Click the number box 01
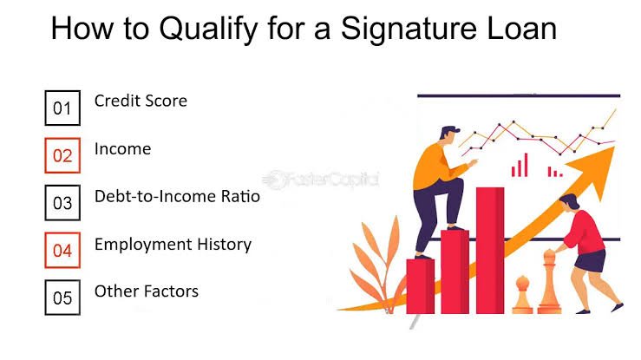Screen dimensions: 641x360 tap(62, 108)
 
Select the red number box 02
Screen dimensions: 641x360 tap(62, 155)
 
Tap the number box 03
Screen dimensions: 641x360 tap(62, 203)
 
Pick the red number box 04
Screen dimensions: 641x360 tap(62, 250)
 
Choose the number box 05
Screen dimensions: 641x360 tap(62, 298)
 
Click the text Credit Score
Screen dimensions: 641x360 tap(141, 101)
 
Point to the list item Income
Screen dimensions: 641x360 tap(122, 148)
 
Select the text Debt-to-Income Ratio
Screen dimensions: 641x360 tap(177, 196)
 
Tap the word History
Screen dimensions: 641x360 tap(224, 245)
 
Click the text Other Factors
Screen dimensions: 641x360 tap(147, 291)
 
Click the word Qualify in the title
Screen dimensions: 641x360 tap(208, 29)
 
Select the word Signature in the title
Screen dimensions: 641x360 tap(409, 29)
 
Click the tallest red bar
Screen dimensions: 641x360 tap(490, 251)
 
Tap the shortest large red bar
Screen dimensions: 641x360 tap(420, 286)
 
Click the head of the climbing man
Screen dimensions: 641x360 tap(448, 134)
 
